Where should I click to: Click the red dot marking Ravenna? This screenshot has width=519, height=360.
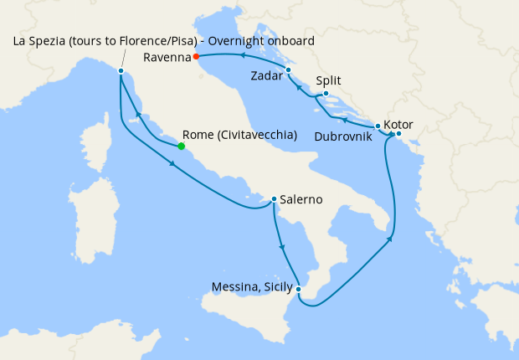196,57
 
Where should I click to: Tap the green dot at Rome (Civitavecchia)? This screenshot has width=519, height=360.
181,146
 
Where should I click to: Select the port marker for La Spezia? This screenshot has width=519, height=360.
121,71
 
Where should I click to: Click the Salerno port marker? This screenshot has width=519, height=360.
274,199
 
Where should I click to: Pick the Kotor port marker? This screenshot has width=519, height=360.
398,134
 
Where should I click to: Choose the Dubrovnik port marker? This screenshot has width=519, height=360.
378,126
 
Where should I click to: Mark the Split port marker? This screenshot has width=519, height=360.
326,94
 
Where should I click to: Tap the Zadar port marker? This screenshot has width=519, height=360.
288,69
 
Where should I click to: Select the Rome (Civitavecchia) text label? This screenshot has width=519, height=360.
239,135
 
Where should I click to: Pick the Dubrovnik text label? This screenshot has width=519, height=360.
344,135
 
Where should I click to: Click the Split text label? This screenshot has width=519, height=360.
329,82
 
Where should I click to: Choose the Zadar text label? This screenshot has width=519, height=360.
265,76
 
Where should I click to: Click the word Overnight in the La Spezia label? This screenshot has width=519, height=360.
235,41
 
